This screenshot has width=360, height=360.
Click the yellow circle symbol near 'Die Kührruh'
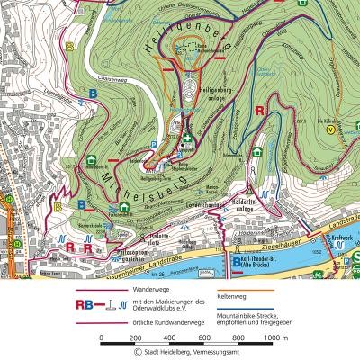[x=331, y=129]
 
